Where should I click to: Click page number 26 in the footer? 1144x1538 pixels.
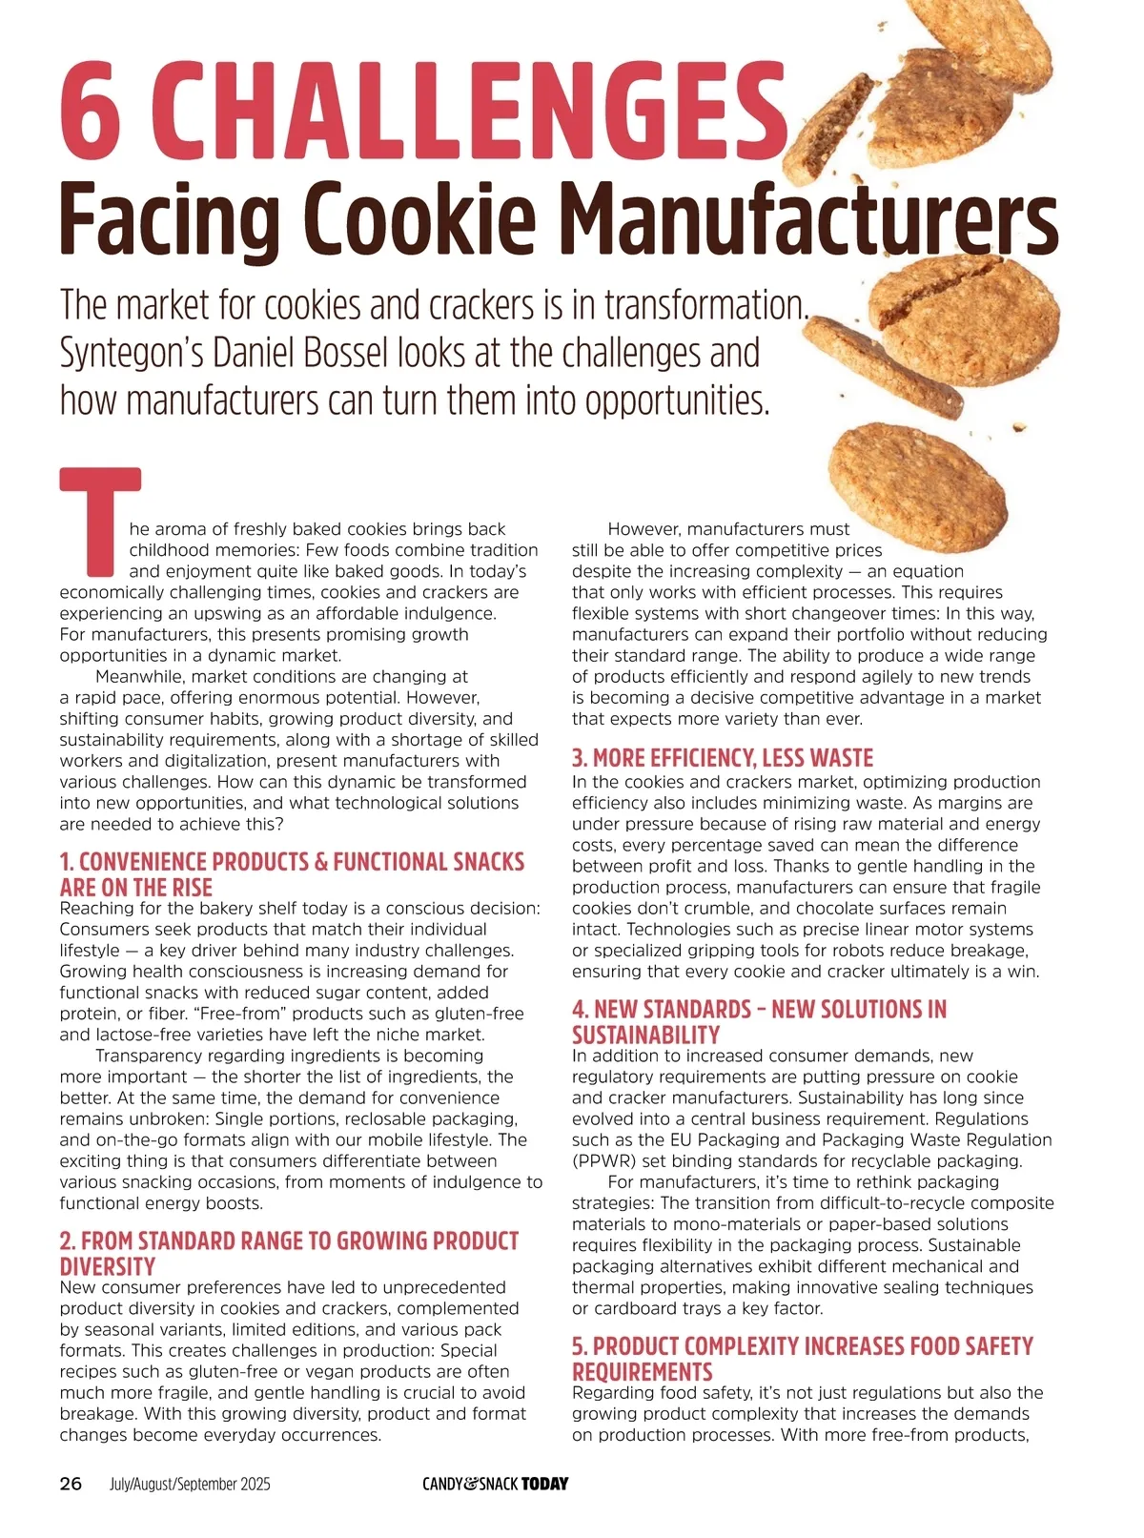click(71, 1484)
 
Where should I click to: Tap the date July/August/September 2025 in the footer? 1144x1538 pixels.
click(190, 1484)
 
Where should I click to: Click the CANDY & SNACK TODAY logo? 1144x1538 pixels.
click(496, 1484)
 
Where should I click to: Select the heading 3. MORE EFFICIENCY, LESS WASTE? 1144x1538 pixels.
click(723, 758)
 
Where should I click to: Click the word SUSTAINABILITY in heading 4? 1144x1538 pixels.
click(646, 1035)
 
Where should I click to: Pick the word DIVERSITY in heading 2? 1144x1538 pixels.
click(107, 1266)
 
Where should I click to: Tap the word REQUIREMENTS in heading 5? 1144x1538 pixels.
click(643, 1371)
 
